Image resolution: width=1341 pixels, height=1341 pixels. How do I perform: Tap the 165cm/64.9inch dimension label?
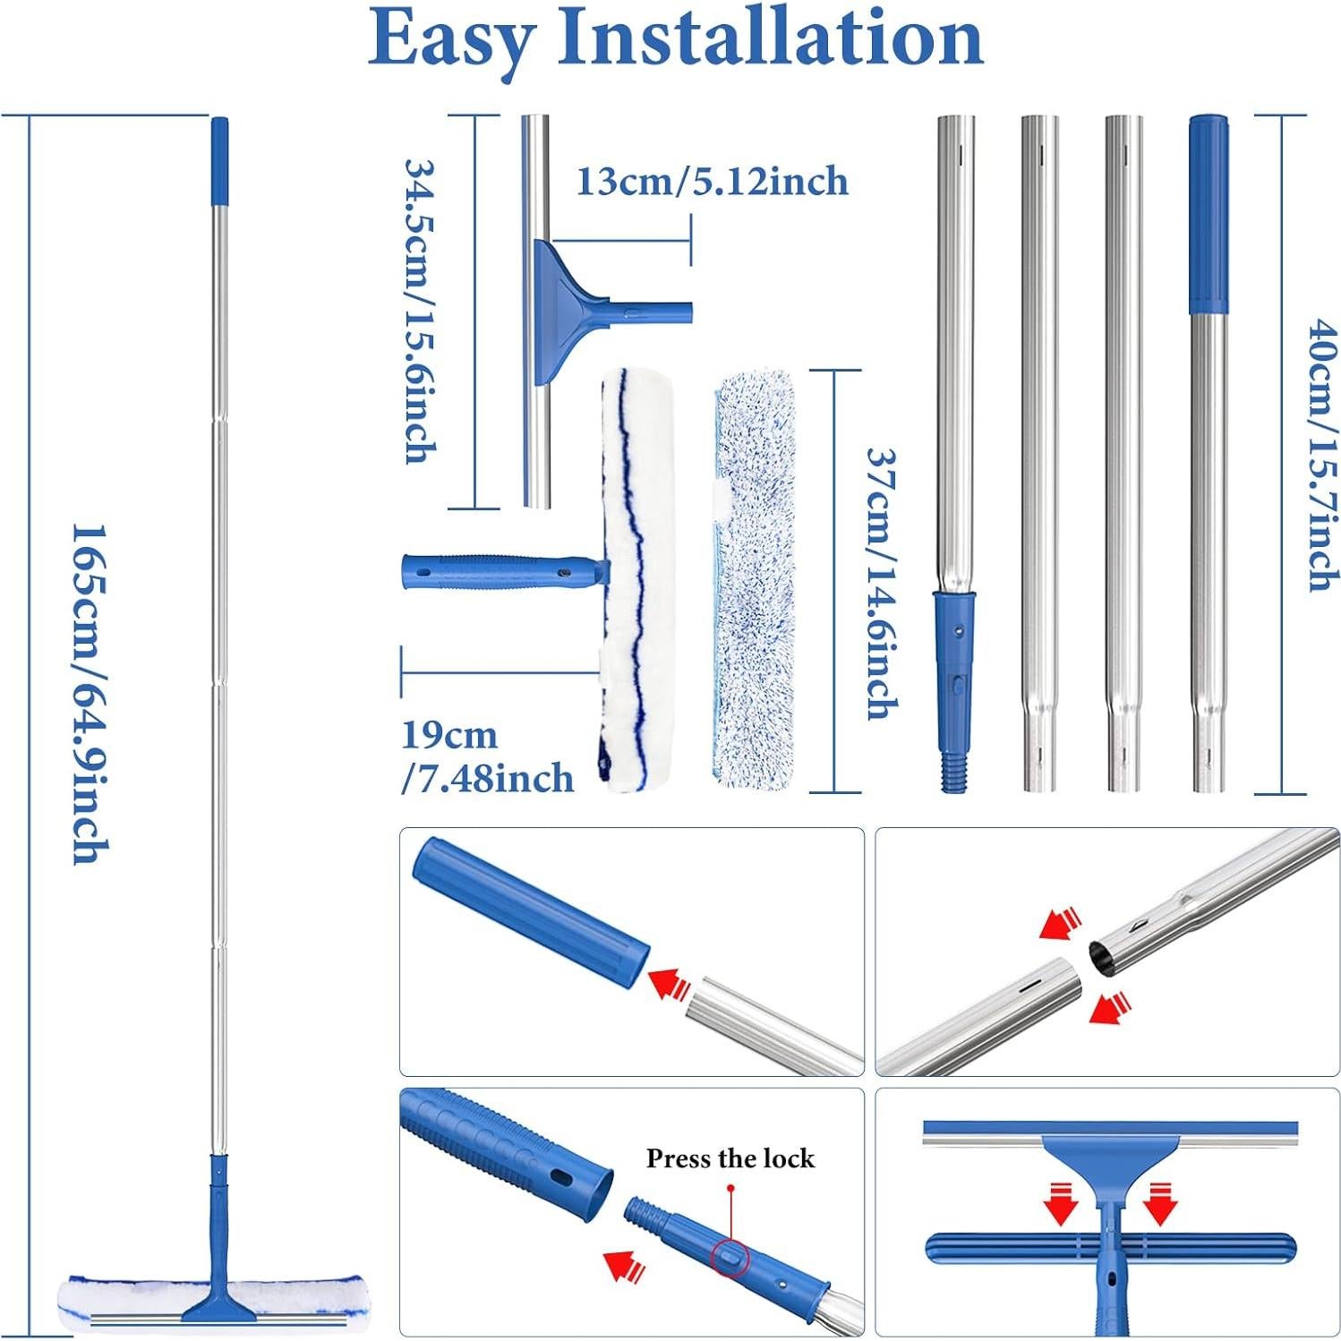(x=90, y=694)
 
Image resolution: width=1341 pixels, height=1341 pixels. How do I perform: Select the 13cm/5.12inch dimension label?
(x=712, y=182)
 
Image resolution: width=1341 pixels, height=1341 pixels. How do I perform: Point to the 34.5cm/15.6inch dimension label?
(x=421, y=311)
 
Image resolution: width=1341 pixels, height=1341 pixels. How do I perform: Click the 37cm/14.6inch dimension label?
(x=881, y=582)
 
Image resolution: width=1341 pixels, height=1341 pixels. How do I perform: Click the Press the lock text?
(x=730, y=1158)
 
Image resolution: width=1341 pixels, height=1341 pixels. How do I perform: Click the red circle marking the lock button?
(x=730, y=1256)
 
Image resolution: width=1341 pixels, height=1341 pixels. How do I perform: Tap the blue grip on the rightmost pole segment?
(x=1208, y=215)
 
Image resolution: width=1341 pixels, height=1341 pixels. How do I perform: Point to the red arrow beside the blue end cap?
(x=669, y=983)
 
